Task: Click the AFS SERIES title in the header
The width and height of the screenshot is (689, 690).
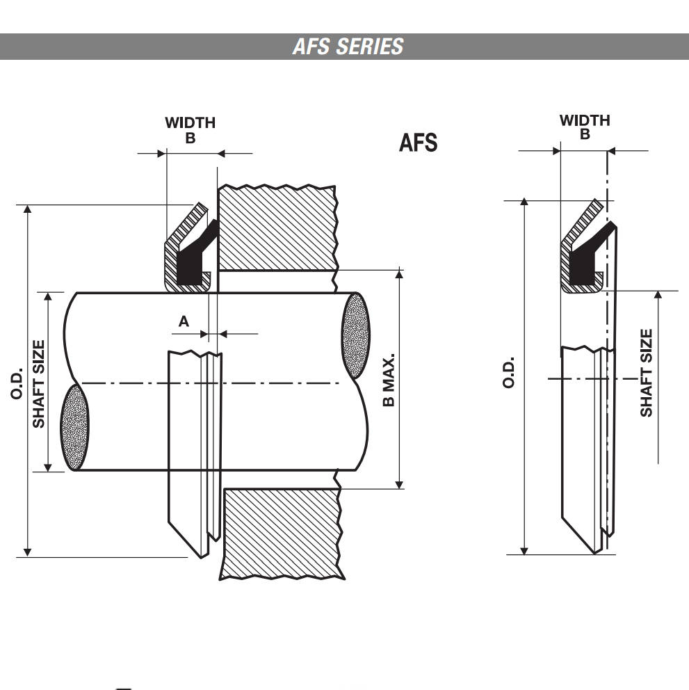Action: click(x=348, y=47)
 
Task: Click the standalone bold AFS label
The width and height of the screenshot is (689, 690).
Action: click(x=418, y=143)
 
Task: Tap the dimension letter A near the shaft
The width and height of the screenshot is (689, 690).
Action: click(x=184, y=321)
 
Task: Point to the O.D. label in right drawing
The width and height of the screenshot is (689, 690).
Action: click(x=510, y=373)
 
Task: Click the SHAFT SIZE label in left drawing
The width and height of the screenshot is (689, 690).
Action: click(x=38, y=383)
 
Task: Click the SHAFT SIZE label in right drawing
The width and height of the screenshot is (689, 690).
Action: click(x=647, y=374)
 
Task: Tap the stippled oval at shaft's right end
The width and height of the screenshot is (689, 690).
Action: click(x=356, y=335)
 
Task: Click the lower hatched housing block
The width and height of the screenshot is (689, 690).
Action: click(x=282, y=533)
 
